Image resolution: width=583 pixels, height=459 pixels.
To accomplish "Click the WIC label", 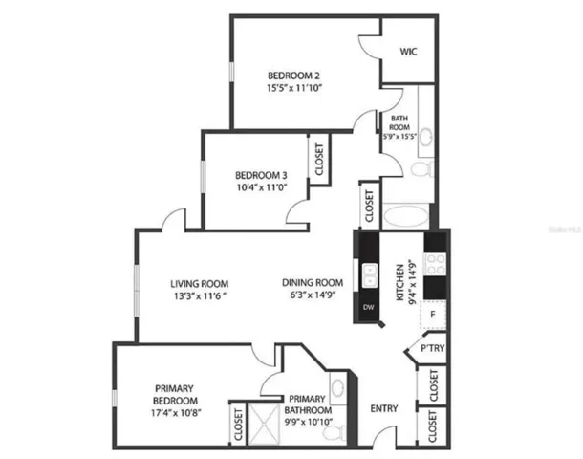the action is [x=408, y=52].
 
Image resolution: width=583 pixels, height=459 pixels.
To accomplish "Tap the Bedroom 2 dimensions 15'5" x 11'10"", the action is [x=293, y=88].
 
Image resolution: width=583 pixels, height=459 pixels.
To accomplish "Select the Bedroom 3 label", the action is [x=261, y=175].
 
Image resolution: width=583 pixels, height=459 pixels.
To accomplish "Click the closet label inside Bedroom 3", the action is [x=319, y=159].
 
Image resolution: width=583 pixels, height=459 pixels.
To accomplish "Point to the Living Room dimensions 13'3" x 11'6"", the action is [x=200, y=296].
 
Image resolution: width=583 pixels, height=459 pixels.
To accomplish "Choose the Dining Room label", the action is [x=313, y=283].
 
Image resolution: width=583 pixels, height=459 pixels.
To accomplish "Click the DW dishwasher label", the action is [x=368, y=307].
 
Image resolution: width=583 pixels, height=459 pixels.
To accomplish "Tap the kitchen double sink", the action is [x=370, y=275].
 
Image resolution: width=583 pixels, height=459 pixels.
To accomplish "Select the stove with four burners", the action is [x=435, y=265].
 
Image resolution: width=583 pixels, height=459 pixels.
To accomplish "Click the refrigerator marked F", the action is [x=433, y=315].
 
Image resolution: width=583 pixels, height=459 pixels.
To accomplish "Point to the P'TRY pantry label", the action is [x=432, y=348].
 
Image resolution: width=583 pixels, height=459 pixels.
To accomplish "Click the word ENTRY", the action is [x=384, y=408].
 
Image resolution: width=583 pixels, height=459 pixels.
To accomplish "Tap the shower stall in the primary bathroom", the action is [x=264, y=424].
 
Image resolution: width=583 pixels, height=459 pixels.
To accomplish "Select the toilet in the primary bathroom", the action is [x=334, y=434].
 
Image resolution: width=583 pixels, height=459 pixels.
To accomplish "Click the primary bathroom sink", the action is [x=338, y=387].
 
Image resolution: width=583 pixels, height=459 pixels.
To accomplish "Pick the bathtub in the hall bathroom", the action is [x=405, y=216].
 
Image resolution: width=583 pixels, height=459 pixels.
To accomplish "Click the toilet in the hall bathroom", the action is [x=422, y=169].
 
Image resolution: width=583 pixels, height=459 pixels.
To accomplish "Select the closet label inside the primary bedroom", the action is [x=238, y=425].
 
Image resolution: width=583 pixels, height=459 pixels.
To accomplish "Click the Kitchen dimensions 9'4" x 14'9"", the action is [x=412, y=282].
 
